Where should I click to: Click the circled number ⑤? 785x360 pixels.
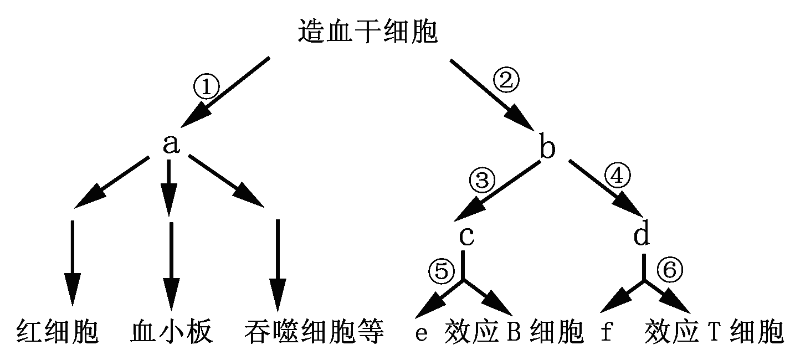click(441, 270)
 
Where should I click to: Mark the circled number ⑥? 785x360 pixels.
click(669, 270)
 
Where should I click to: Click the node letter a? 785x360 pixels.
click(172, 145)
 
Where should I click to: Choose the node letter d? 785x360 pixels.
click(642, 236)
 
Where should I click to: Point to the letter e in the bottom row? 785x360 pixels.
click(421, 335)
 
